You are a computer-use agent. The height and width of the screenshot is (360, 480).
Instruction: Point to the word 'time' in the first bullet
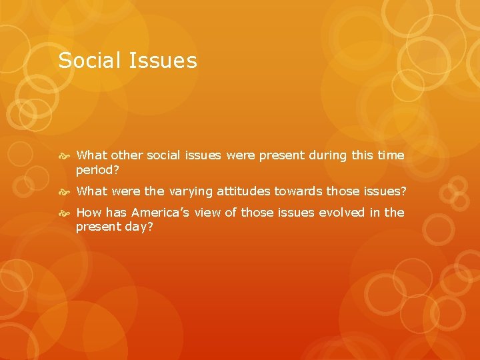(x=391, y=155)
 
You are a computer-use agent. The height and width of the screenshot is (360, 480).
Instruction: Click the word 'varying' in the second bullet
(x=191, y=191)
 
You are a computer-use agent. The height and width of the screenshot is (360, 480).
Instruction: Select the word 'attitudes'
(x=243, y=191)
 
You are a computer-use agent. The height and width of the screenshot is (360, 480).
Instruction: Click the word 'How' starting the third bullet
(x=89, y=213)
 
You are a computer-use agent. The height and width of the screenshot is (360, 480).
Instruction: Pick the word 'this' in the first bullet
(x=362, y=155)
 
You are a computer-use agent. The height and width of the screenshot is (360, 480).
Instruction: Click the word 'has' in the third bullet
(x=117, y=213)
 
